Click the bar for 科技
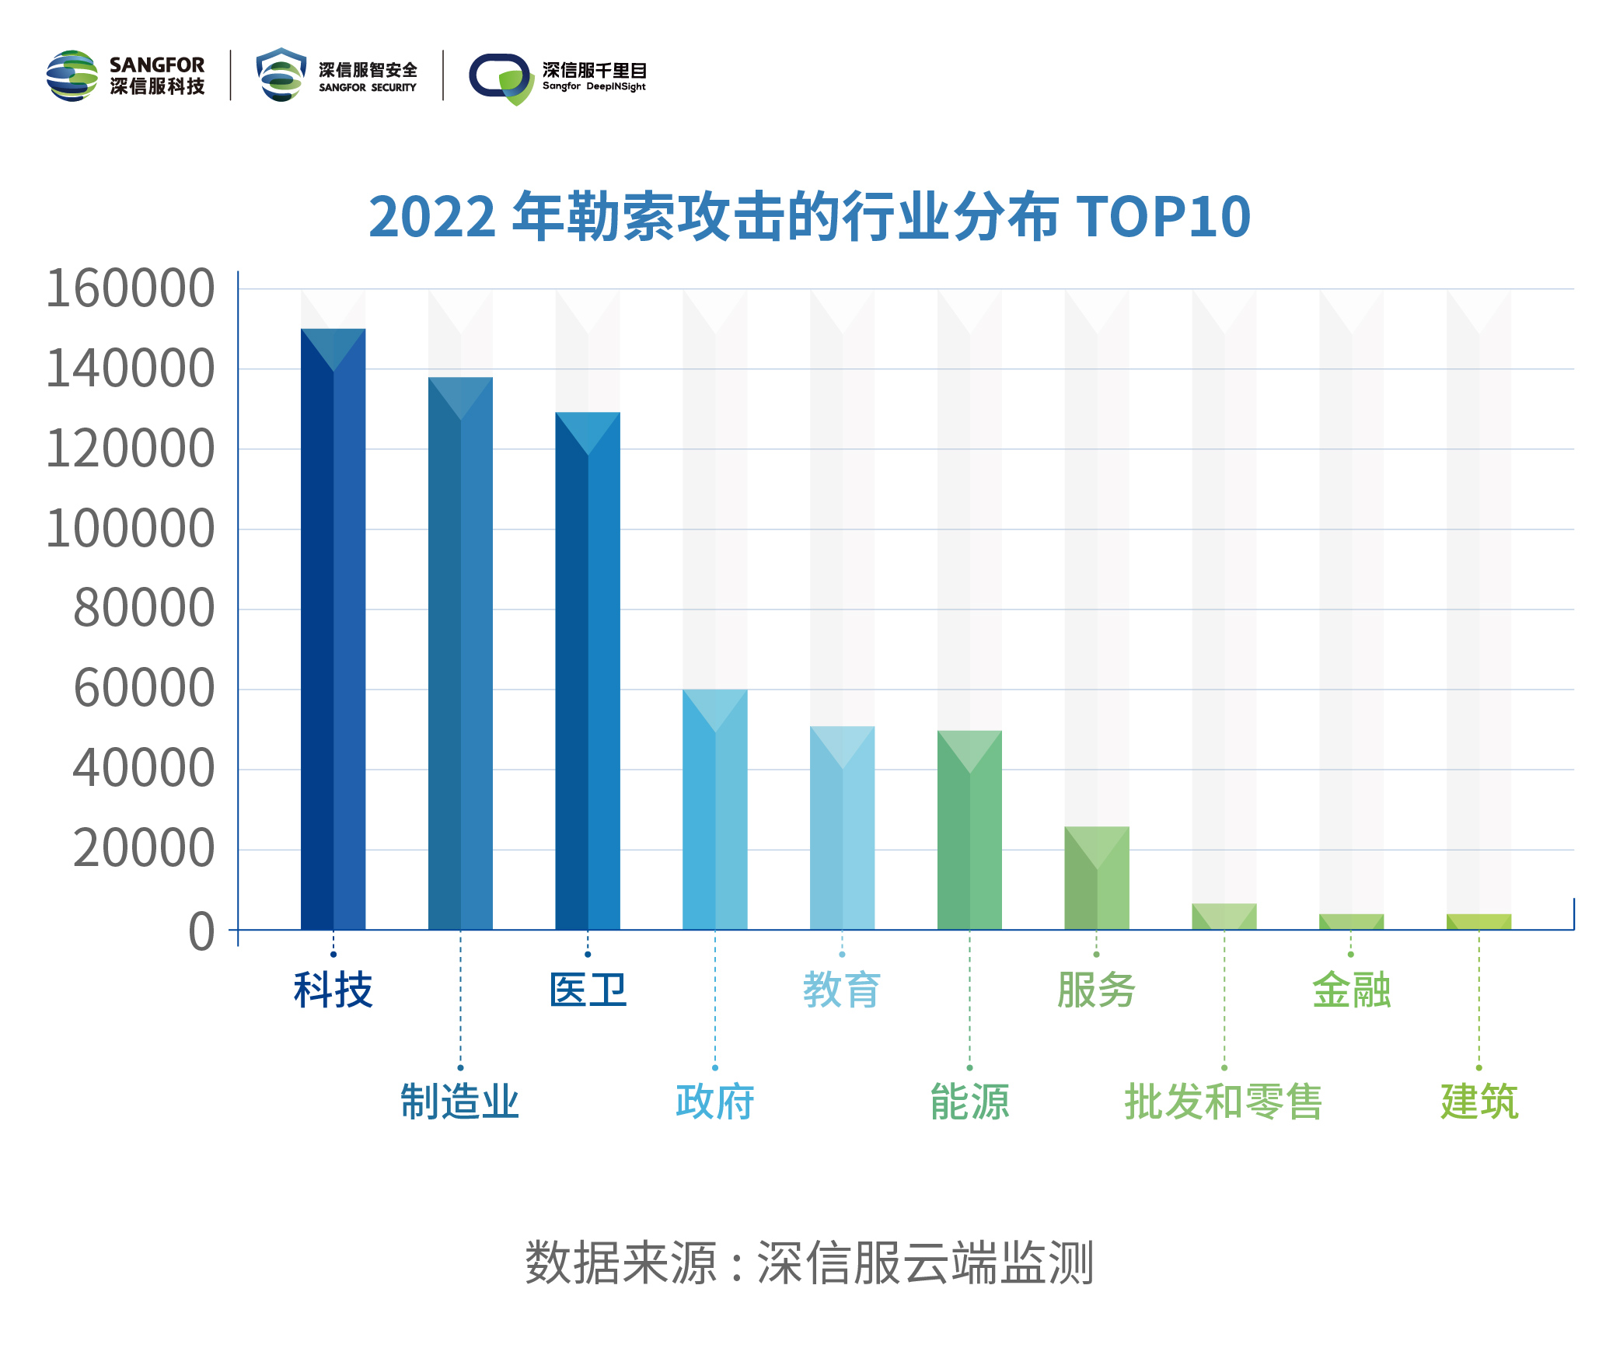tap(333, 630)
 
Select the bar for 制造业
tap(460, 653)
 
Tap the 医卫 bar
tap(588, 671)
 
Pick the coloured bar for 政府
tap(715, 809)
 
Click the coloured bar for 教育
tap(842, 828)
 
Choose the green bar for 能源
tap(969, 830)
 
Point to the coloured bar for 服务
tap(1097, 878)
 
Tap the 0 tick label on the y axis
tap(201, 931)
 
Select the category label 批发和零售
tap(1224, 1102)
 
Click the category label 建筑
tap(1479, 1102)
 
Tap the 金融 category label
tap(1351, 990)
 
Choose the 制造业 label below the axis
tap(460, 1102)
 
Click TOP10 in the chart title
tap(1163, 216)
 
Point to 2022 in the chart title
tap(432, 217)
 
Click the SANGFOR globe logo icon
tap(72, 75)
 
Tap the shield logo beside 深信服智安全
tap(281, 75)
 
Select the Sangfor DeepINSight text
tap(594, 86)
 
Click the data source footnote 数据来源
tap(620, 1262)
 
